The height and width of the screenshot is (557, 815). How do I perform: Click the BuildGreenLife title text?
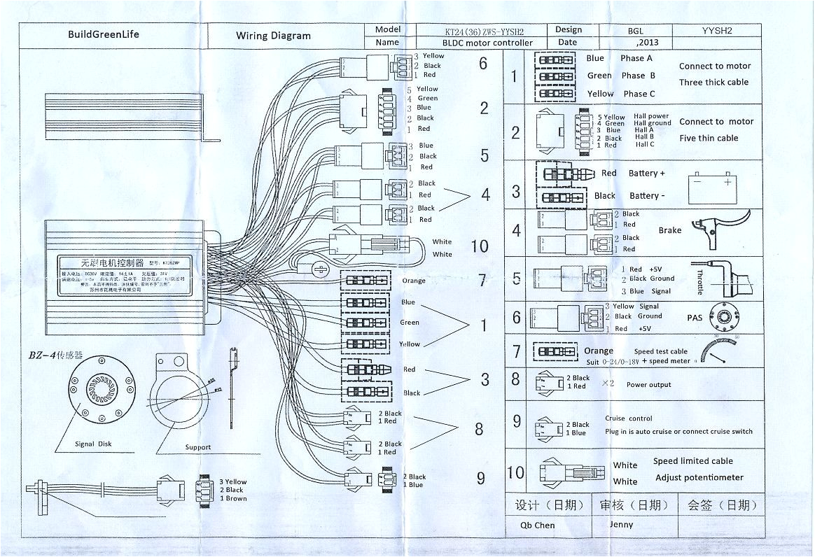[102, 34]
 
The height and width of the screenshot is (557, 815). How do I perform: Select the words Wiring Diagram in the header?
[273, 36]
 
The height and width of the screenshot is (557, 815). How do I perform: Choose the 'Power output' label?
[648, 385]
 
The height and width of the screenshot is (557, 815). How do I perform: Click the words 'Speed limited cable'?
[692, 461]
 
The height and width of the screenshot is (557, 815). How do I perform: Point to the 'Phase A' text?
[636, 59]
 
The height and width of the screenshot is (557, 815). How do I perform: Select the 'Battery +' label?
[646, 174]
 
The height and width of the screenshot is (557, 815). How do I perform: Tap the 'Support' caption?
[197, 447]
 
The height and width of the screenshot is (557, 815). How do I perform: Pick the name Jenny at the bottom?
[620, 524]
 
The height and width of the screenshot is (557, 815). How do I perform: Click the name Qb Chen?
[537, 525]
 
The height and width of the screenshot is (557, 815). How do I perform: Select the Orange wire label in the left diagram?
[414, 281]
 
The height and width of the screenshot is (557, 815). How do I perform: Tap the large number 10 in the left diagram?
[480, 246]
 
